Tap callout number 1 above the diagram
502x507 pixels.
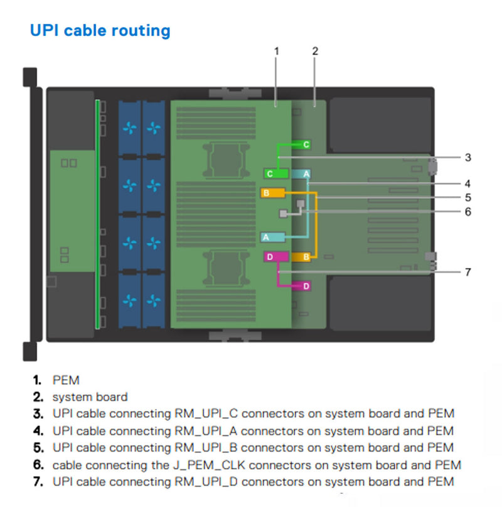pos(277,50)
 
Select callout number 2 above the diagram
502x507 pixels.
pos(315,50)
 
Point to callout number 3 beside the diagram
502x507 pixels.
pos(467,157)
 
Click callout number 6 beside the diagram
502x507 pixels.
pos(467,211)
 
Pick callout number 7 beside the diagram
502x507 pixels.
pos(467,272)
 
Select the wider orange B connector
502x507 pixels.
pos(272,192)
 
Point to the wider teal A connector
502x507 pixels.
pos(273,237)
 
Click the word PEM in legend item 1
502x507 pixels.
pos(66,380)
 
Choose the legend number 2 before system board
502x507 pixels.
pos(38,397)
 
